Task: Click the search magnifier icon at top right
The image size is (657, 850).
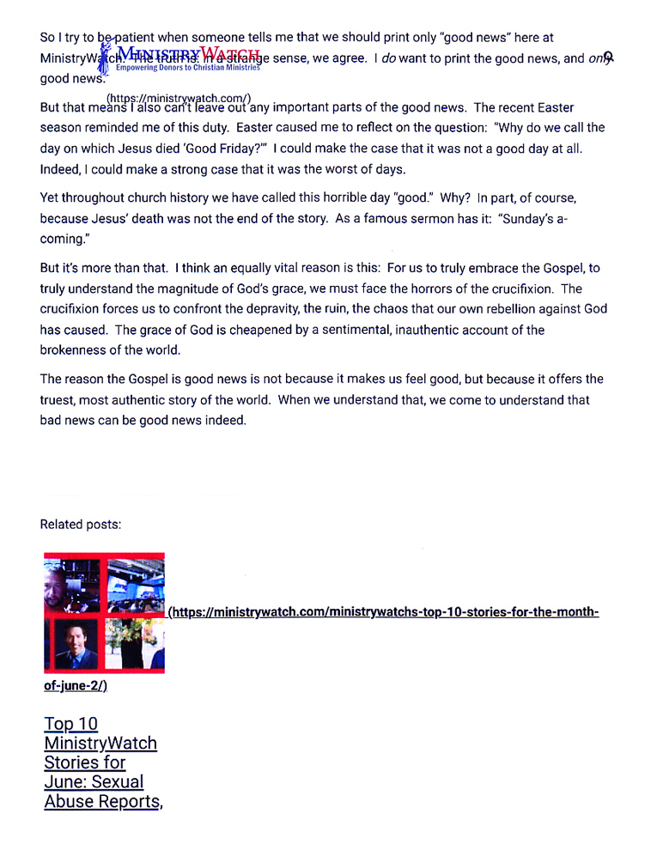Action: (609, 58)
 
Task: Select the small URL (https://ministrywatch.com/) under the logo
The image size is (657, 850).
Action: (179, 98)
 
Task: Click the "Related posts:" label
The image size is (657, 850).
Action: (81, 525)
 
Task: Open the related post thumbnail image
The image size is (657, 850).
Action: (104, 613)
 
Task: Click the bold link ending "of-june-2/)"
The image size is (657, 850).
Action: (76, 686)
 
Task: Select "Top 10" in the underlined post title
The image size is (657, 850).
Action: (71, 724)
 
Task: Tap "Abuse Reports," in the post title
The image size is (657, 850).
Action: (103, 802)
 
